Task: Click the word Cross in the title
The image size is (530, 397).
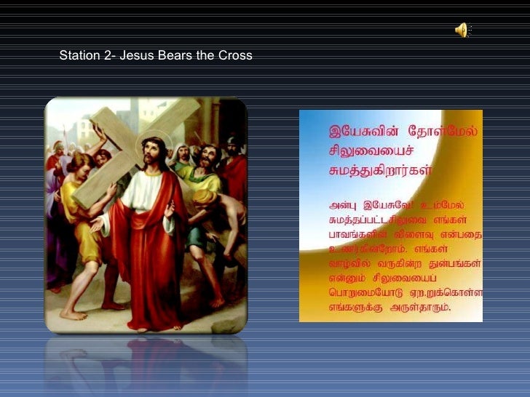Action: tap(236, 55)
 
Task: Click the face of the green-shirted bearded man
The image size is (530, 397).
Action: tap(208, 156)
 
